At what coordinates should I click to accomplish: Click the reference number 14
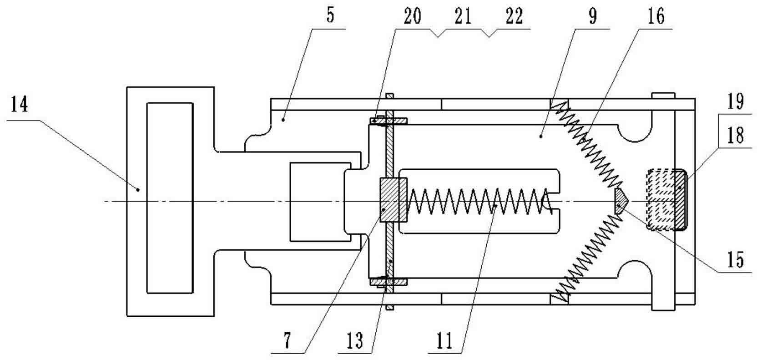[x=20, y=104]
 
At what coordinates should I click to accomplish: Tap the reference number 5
[x=330, y=15]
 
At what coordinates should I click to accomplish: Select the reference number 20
[x=412, y=16]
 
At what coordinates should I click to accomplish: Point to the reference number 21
[x=463, y=16]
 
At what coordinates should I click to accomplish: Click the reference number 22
[x=514, y=16]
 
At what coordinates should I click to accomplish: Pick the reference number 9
[x=592, y=16]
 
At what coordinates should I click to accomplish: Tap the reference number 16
[x=656, y=16]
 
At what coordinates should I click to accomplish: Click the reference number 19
[x=735, y=101]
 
